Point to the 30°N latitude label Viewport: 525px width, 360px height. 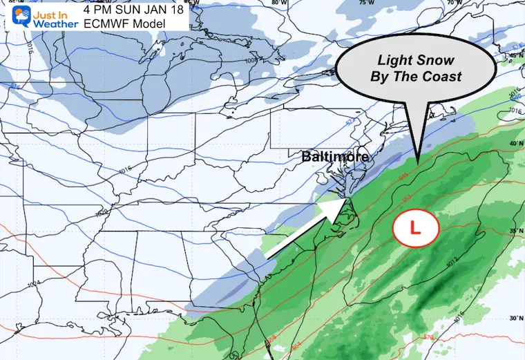coord(513,319)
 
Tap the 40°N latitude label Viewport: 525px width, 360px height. coord(513,143)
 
